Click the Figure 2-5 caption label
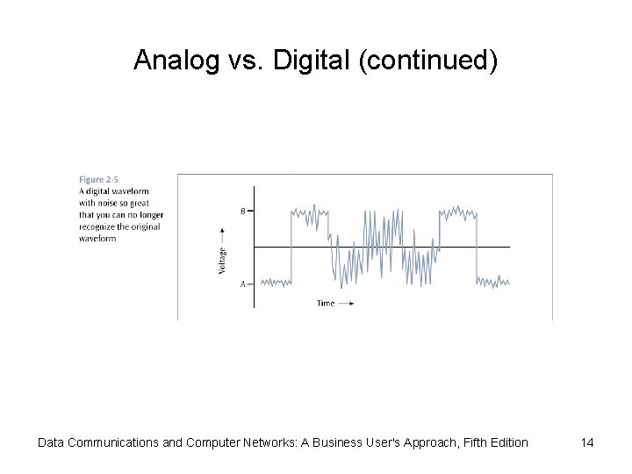click(98, 179)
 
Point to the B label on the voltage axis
click(243, 211)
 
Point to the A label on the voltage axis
click(243, 284)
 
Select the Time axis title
click(325, 303)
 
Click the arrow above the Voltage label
click(222, 234)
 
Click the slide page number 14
click(586, 442)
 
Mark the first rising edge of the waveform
click(291, 247)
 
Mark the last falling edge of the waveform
click(475, 247)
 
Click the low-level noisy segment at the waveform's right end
click(492, 282)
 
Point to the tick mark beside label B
click(251, 211)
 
